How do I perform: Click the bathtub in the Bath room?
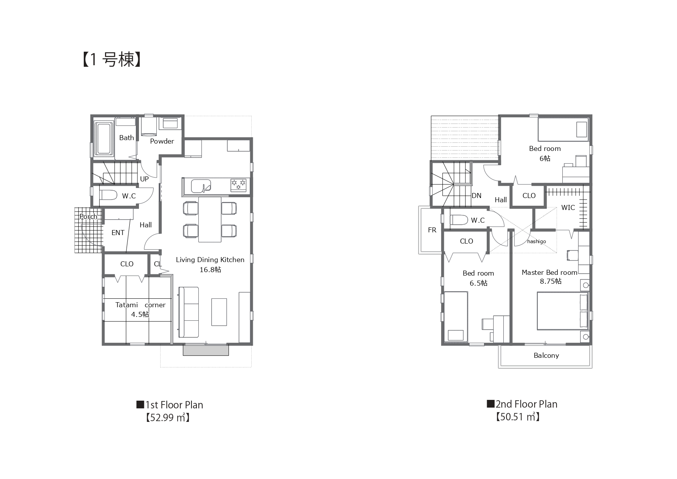104,139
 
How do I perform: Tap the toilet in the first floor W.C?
108,195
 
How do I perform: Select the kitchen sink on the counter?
201,186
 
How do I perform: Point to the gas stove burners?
239,185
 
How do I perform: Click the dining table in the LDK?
210,219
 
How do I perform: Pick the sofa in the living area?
188,312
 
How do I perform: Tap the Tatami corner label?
140,305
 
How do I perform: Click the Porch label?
88,217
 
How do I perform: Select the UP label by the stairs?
144,179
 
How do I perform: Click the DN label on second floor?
477,196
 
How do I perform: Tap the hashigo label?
537,242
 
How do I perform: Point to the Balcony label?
546,355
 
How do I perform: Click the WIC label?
568,208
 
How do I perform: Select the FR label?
432,230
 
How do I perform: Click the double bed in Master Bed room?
563,311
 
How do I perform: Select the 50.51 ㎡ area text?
518,417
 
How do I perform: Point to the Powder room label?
162,141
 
